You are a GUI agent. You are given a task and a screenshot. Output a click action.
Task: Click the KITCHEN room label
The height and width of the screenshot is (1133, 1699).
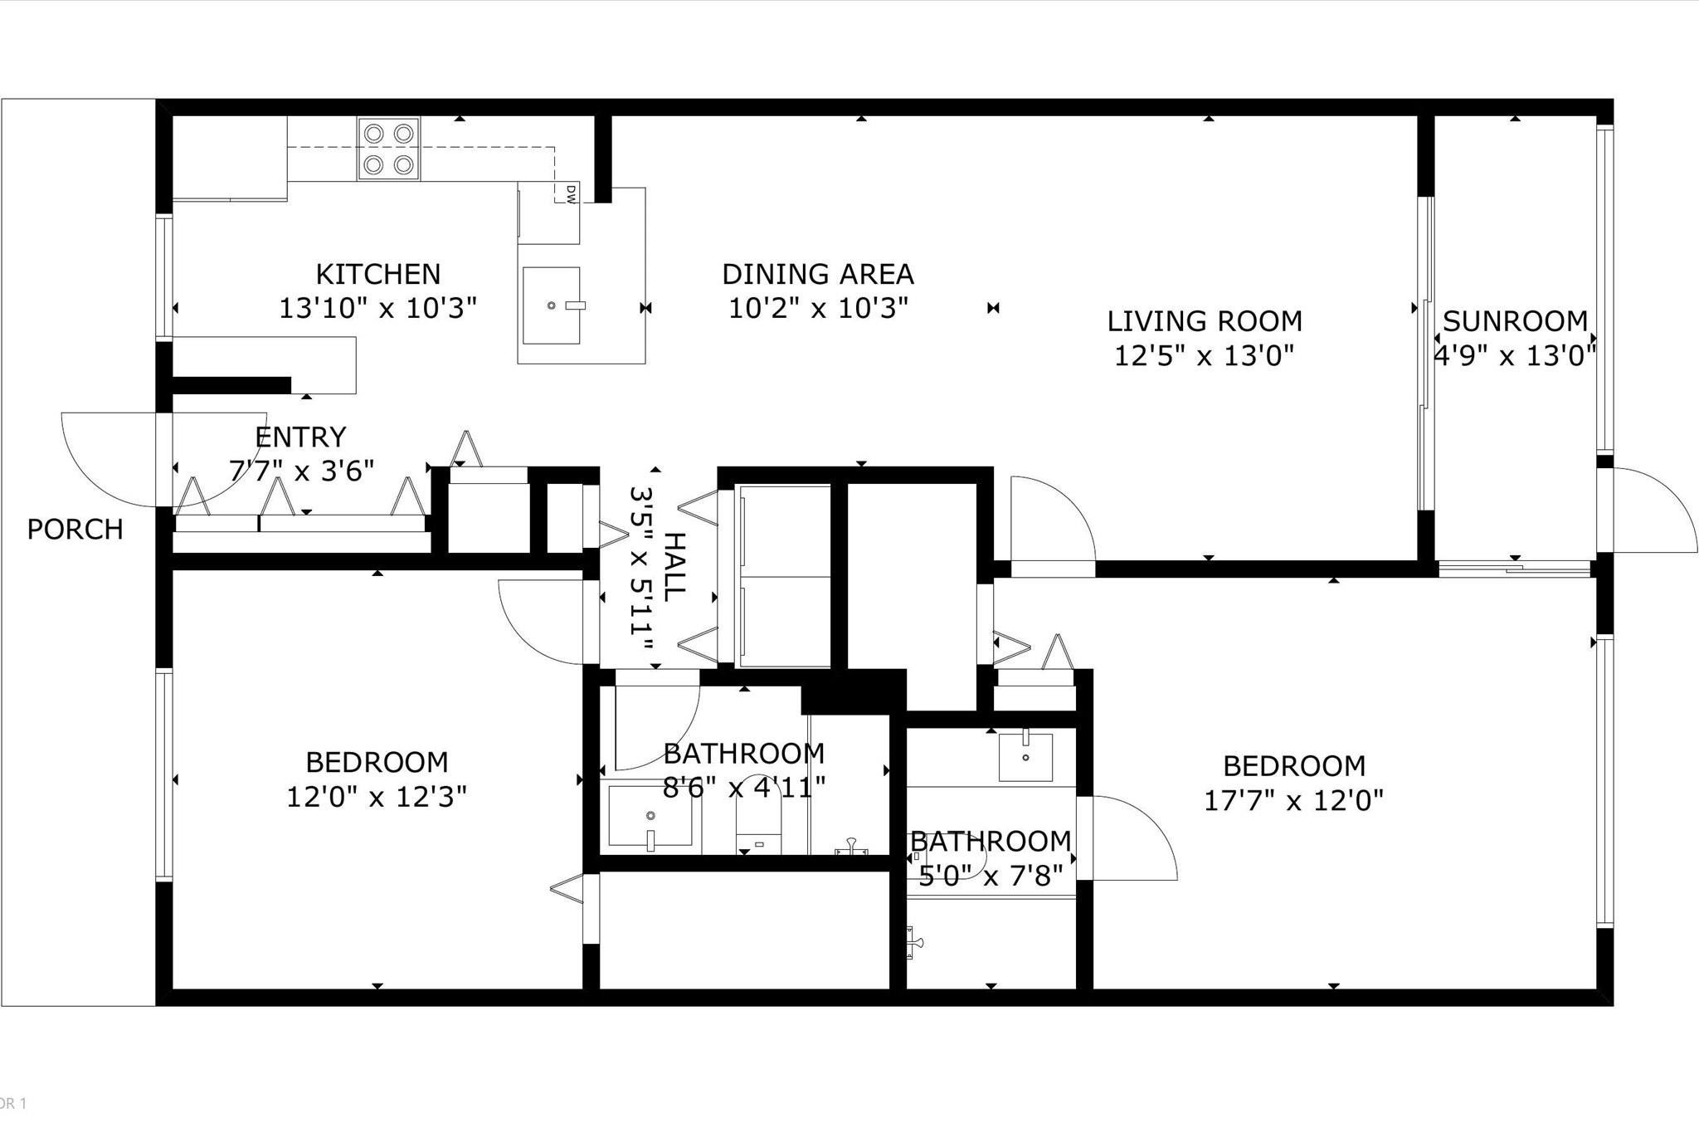pos(377,274)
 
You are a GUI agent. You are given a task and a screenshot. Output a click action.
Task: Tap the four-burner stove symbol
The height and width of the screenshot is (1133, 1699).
pos(389,149)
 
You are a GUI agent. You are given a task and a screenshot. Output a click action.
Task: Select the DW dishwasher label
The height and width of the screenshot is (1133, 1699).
pos(571,193)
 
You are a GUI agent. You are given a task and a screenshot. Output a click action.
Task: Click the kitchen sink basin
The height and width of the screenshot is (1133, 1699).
pos(550,305)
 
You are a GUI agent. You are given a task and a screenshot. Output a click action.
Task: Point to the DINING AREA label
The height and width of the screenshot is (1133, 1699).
pos(817,274)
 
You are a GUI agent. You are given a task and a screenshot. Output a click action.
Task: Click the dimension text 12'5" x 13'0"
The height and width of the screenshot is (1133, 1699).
pos(1204,356)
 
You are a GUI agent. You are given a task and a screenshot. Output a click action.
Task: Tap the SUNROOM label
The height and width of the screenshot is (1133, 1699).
pos(1515,321)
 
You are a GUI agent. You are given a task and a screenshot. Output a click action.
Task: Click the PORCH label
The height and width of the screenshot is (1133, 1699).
pos(75,529)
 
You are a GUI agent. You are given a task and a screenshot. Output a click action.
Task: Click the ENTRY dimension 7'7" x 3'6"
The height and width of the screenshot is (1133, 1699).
pos(301,471)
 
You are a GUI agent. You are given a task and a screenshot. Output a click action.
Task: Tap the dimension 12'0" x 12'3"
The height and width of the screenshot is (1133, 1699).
pos(377,797)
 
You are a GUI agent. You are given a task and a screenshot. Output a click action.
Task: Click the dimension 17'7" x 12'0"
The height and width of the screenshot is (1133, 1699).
pos(1293,800)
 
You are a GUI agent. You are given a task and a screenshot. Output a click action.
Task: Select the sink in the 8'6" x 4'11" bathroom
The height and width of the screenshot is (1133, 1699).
pos(650,818)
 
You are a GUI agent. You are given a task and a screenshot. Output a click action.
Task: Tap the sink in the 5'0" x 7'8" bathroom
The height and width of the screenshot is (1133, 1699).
pos(1025,756)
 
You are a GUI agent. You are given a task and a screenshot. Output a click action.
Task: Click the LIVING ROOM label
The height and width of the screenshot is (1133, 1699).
pos(1204,321)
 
